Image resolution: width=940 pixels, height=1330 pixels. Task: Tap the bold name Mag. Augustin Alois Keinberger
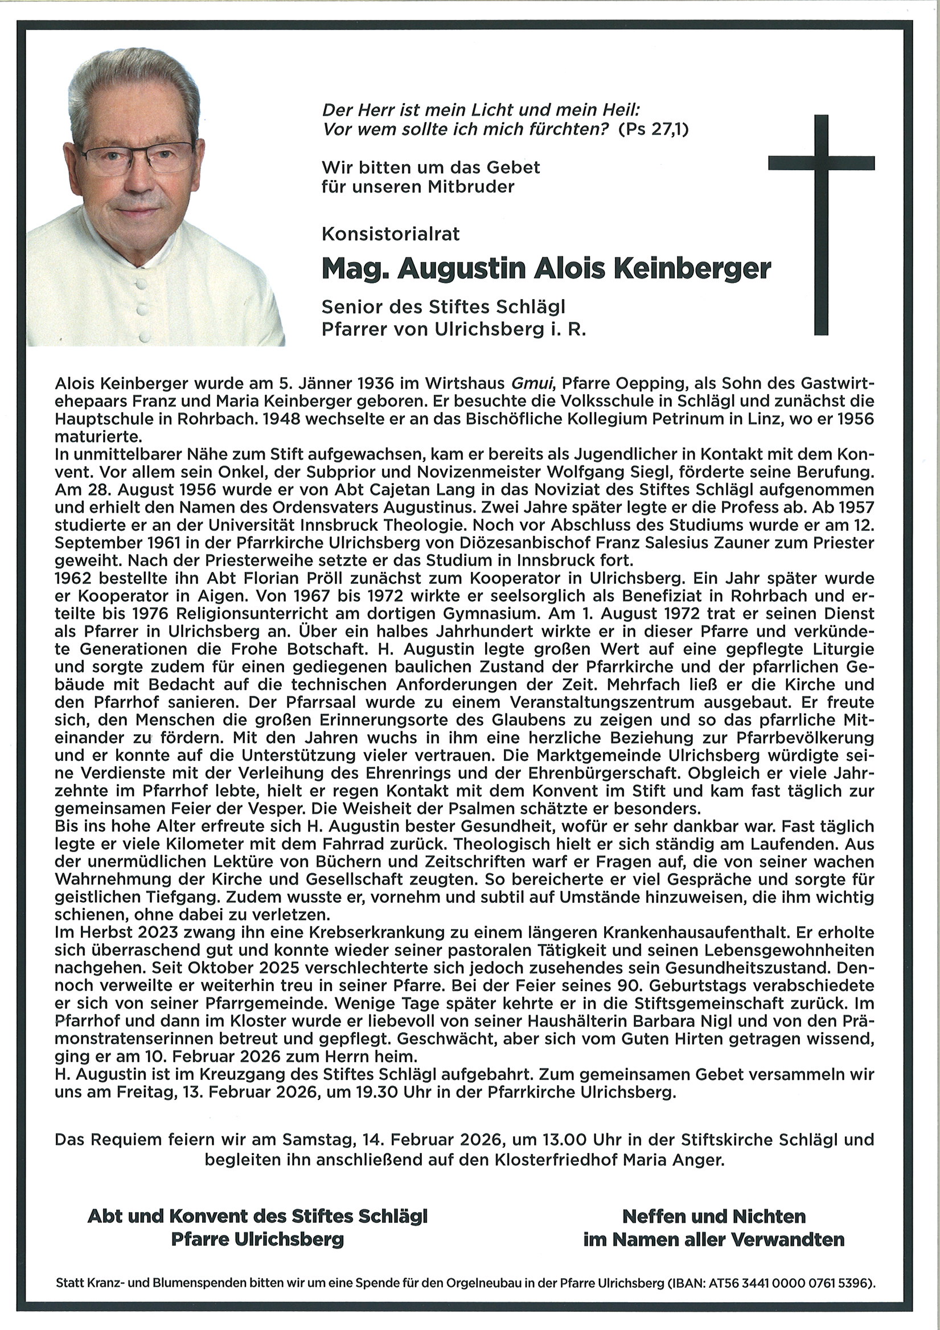[546, 268]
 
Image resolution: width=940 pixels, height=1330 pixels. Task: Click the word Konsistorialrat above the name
[391, 234]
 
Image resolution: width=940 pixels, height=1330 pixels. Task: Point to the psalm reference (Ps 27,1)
[654, 129]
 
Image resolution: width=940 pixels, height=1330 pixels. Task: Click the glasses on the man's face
[138, 156]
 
